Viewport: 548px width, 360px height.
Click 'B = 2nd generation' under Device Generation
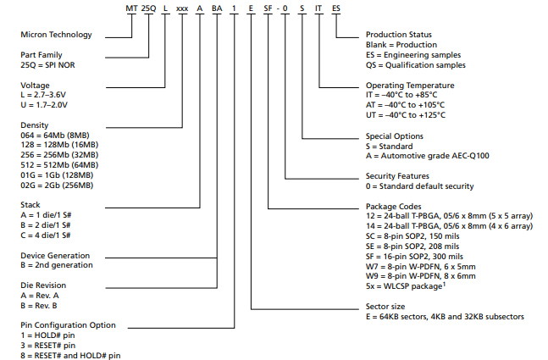[x=57, y=265]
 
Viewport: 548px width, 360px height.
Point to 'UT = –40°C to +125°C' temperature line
[x=408, y=115]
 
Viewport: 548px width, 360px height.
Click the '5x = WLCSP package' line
[x=407, y=285]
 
